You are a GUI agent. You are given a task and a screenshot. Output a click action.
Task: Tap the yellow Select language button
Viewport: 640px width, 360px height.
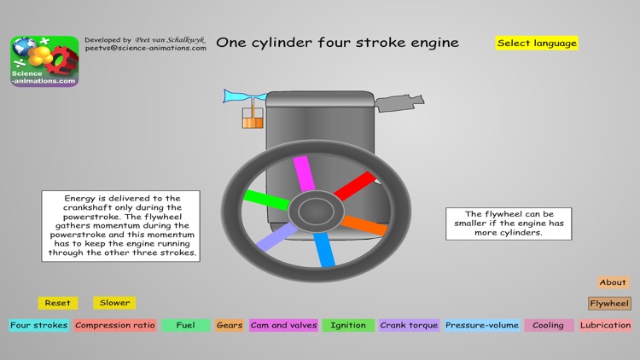coord(537,43)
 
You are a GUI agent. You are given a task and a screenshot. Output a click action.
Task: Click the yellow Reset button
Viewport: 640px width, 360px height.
coord(58,303)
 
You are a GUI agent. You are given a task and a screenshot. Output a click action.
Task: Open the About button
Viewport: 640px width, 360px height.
coord(613,282)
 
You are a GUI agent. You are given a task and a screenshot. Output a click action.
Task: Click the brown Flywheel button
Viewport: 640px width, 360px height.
coord(609,304)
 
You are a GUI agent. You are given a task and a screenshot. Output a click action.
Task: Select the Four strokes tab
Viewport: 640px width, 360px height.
coord(38,325)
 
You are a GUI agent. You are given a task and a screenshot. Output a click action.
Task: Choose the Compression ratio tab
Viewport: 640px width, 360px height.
coord(114,325)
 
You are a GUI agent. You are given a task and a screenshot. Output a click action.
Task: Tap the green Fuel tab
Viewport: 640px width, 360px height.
coord(185,325)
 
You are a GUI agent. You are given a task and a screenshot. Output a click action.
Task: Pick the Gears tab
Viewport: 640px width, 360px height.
coord(229,325)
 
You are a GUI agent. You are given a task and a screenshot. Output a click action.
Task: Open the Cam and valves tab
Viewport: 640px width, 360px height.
coord(283,325)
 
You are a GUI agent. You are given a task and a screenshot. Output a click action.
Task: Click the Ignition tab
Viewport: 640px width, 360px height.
coord(348,325)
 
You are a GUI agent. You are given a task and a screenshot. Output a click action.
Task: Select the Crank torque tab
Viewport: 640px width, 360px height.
coord(409,325)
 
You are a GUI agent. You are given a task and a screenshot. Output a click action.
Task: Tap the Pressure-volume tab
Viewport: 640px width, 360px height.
coord(481,325)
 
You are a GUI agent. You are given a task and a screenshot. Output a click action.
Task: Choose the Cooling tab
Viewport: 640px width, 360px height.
coord(548,325)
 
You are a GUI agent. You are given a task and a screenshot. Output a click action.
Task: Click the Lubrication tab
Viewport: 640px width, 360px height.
coord(606,325)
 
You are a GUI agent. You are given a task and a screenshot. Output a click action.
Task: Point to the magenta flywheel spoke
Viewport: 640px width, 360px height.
coord(303,174)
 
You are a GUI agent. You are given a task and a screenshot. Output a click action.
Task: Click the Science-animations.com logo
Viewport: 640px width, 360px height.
coord(44,61)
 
